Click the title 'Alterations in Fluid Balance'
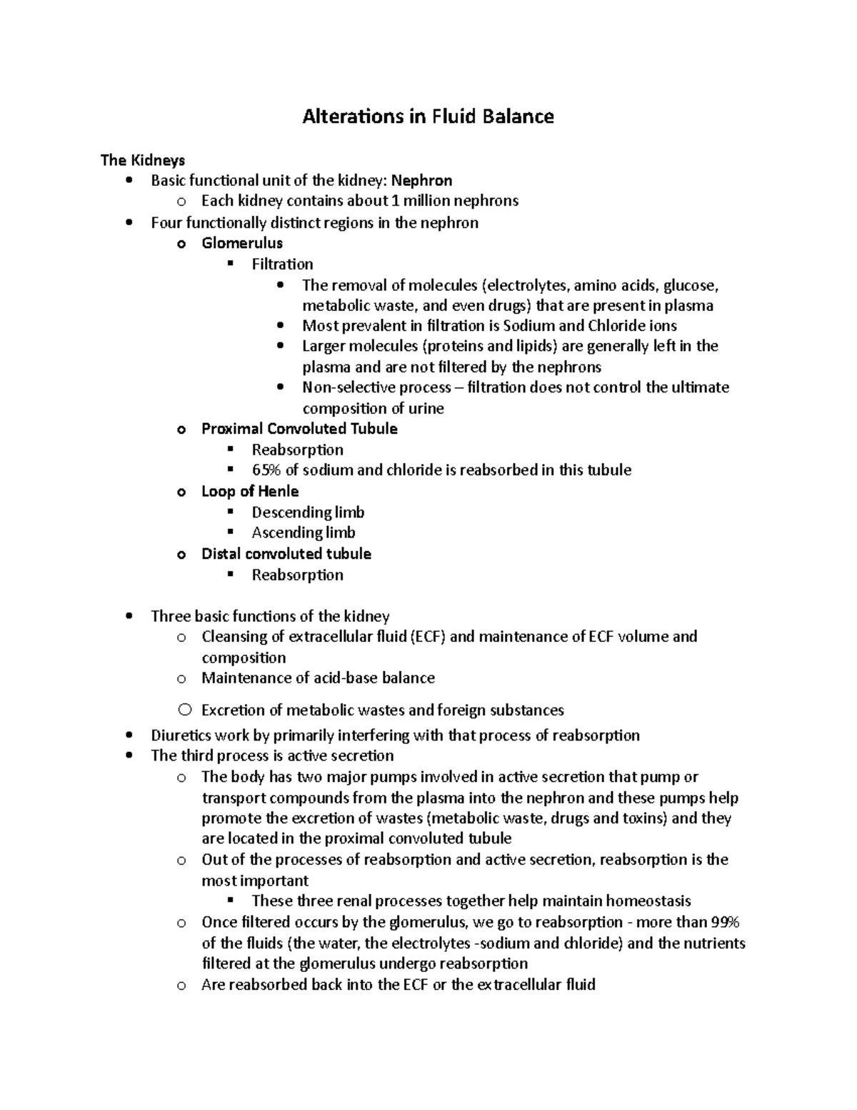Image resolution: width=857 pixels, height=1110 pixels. coord(428,117)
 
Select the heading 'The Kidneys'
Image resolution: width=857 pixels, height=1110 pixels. coord(142,159)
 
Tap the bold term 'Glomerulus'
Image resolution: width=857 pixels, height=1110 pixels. coord(242,243)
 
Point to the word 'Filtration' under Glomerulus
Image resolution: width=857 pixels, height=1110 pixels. coord(282,264)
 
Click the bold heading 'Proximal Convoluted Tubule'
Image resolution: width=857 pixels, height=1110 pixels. coord(299,429)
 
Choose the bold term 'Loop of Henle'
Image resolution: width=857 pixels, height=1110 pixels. coord(250,492)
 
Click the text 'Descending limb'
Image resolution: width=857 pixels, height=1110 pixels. coord(308,512)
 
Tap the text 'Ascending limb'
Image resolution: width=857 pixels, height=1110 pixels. coord(304,533)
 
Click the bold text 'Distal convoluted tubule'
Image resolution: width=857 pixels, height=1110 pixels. coord(286,554)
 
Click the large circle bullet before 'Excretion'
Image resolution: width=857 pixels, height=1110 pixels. coord(185,710)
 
